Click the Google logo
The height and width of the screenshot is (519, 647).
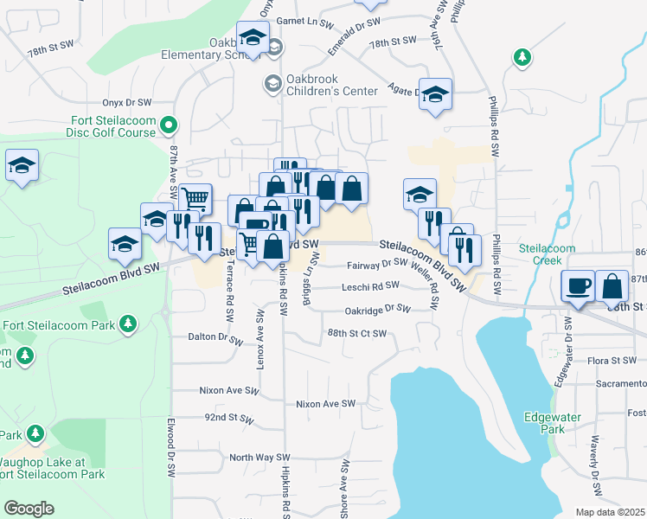click(29, 509)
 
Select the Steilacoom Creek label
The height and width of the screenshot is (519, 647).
click(547, 254)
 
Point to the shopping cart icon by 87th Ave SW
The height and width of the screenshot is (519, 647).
click(195, 198)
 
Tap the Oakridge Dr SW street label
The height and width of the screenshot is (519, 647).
click(376, 308)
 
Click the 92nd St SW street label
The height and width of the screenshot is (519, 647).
click(227, 417)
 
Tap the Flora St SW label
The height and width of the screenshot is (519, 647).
click(612, 361)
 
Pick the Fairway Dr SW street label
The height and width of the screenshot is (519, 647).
click(376, 266)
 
